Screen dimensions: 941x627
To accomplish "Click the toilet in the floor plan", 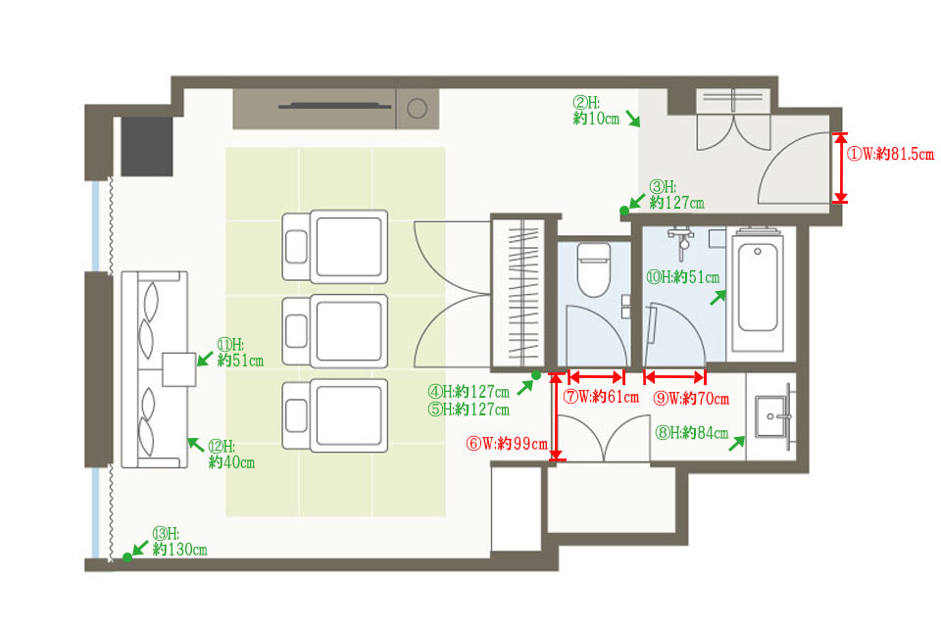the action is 594,269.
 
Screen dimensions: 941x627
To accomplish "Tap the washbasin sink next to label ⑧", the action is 772,415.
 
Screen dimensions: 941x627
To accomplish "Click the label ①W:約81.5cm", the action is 890,154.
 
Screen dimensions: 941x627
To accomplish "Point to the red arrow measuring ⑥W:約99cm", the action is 558,416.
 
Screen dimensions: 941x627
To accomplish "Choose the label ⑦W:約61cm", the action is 601,397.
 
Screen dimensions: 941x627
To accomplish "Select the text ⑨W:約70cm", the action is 691,399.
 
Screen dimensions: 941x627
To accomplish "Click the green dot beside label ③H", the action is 624,211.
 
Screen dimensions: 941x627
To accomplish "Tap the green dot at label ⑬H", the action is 127,557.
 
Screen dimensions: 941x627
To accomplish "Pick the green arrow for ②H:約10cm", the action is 633,119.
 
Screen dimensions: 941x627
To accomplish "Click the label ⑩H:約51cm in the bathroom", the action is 682,277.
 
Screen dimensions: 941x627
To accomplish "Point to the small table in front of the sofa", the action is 178,369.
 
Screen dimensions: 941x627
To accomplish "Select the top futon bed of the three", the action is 335,247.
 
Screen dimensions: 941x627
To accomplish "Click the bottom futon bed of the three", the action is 335,415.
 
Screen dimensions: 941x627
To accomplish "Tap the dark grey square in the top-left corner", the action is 147,146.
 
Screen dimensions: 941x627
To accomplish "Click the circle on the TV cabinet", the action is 418,109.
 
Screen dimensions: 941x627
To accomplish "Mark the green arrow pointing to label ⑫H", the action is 196,445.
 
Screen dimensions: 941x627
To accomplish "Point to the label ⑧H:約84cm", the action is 691,433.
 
